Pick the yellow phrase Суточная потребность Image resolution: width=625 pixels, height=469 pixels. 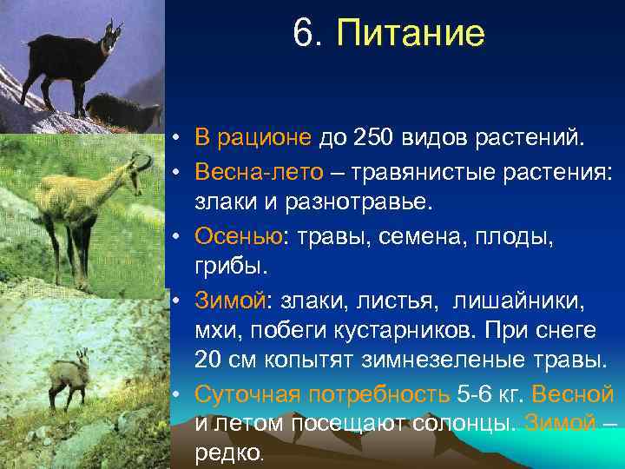tap(320, 393)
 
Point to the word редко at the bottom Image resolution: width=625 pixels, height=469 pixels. tap(227, 452)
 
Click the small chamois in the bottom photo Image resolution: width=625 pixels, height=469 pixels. tap(70, 379)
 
